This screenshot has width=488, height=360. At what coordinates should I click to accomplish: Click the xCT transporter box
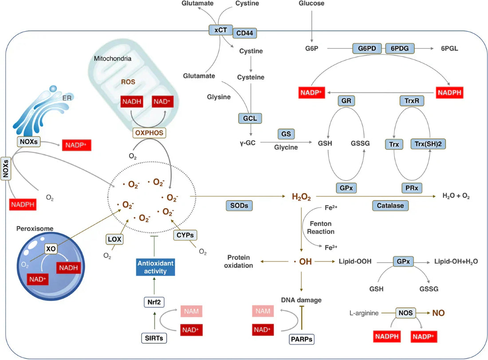tap(220, 30)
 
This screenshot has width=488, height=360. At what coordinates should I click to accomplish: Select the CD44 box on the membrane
tap(245, 33)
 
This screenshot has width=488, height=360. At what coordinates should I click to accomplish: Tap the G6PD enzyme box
tap(367, 48)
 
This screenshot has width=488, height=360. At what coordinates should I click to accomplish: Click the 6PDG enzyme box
tap(400, 48)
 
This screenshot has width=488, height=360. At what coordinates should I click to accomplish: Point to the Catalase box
tap(390, 206)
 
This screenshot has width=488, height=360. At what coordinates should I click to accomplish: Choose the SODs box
tap(239, 206)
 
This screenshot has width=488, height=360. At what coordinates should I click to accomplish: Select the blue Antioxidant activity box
tap(155, 267)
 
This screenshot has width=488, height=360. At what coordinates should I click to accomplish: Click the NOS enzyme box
tap(405, 313)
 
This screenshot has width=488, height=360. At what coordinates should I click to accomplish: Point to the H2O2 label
tap(301, 196)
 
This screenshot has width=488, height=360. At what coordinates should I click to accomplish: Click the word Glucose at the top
tap(312, 4)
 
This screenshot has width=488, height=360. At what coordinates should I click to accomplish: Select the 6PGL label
tap(449, 48)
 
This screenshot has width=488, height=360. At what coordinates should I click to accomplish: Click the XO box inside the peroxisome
tap(51, 249)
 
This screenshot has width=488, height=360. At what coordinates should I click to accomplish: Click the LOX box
tap(114, 239)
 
